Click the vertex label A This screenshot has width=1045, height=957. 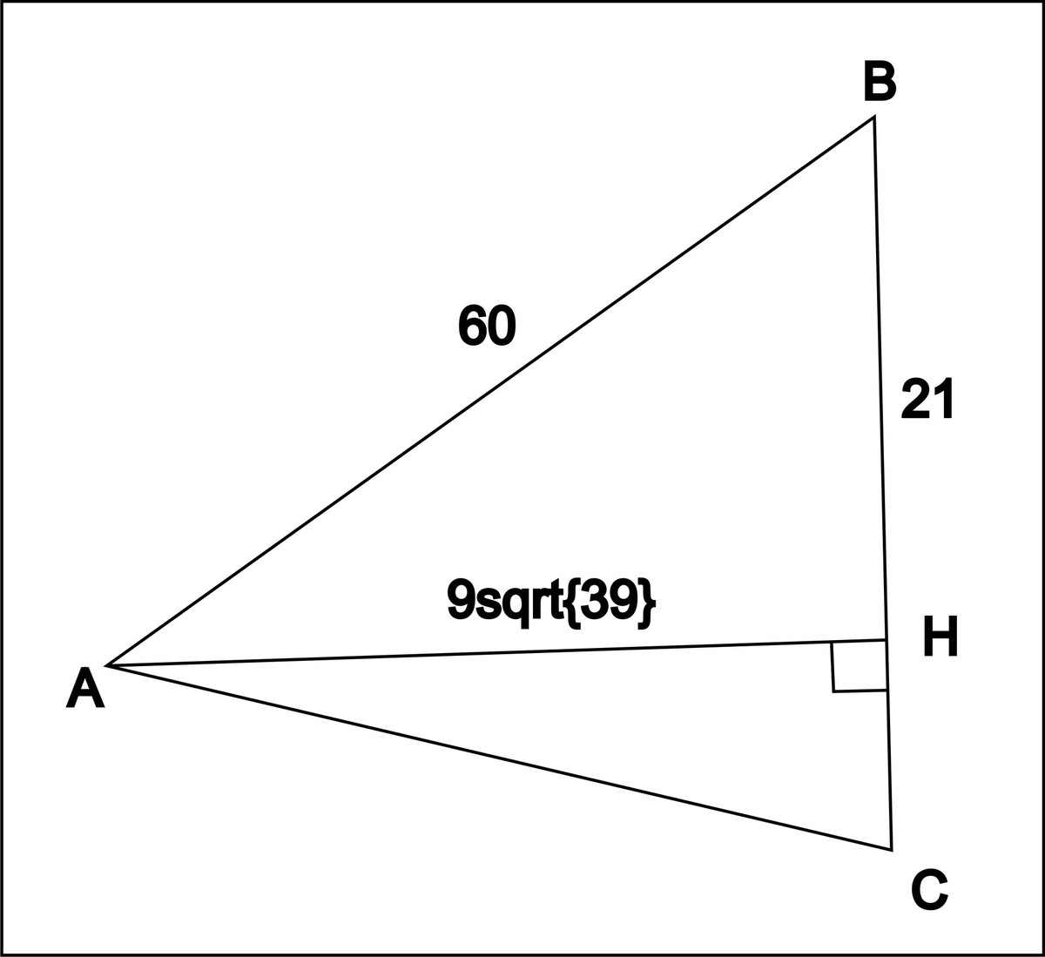[85, 689]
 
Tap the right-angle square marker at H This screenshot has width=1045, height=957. [860, 667]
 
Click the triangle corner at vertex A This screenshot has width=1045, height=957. [107, 665]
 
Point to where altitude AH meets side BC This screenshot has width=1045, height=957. [887, 640]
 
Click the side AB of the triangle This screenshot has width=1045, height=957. [488, 392]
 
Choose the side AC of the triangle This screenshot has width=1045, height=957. [496, 757]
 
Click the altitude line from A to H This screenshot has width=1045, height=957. [488, 653]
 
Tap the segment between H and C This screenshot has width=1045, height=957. [889, 749]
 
